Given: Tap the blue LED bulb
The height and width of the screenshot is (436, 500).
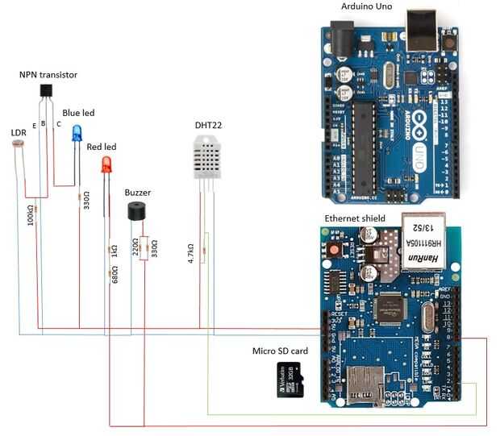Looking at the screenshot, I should pyautogui.click(x=77, y=133).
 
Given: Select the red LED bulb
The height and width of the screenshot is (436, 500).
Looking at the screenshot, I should pyautogui.click(x=106, y=164).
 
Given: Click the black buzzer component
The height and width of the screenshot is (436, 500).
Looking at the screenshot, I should pyautogui.click(x=138, y=211).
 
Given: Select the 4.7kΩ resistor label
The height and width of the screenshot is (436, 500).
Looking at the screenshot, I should pyautogui.click(x=191, y=252).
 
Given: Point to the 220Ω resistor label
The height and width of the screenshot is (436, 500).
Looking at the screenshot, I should pyautogui.click(x=135, y=247).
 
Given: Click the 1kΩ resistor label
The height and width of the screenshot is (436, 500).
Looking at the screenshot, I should pyautogui.click(x=115, y=250).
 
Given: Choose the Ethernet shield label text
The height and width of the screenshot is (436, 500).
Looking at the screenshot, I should pyautogui.click(x=354, y=218).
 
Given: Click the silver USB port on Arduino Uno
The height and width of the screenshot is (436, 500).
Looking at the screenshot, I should pyautogui.click(x=423, y=28).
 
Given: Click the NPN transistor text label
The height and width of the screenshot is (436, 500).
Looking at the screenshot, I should pyautogui.click(x=48, y=75).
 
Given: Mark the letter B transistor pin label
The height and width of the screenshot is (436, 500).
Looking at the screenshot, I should pyautogui.click(x=43, y=123).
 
